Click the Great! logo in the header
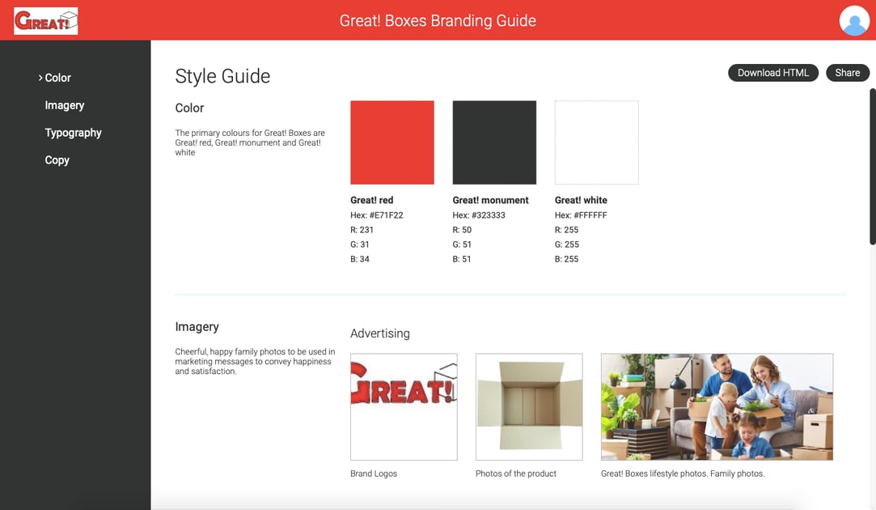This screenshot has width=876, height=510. [46, 21]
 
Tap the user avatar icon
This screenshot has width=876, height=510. [854, 21]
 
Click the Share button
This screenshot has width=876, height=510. [847, 73]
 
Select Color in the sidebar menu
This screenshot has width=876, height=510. [57, 78]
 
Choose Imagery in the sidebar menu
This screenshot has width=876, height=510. [65, 105]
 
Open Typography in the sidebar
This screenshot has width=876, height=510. [73, 133]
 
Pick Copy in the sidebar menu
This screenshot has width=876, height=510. [57, 160]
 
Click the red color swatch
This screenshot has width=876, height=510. [392, 142]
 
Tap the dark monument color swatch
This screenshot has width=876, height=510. [494, 142]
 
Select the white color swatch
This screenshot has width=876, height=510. [596, 142]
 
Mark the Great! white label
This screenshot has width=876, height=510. [581, 200]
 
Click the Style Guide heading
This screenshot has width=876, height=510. [222, 77]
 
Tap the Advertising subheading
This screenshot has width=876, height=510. [380, 334]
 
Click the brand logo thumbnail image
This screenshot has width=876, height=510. [404, 406]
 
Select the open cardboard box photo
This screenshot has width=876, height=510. [529, 406]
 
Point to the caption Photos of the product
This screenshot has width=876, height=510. [516, 474]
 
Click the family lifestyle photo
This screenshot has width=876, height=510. [717, 406]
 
